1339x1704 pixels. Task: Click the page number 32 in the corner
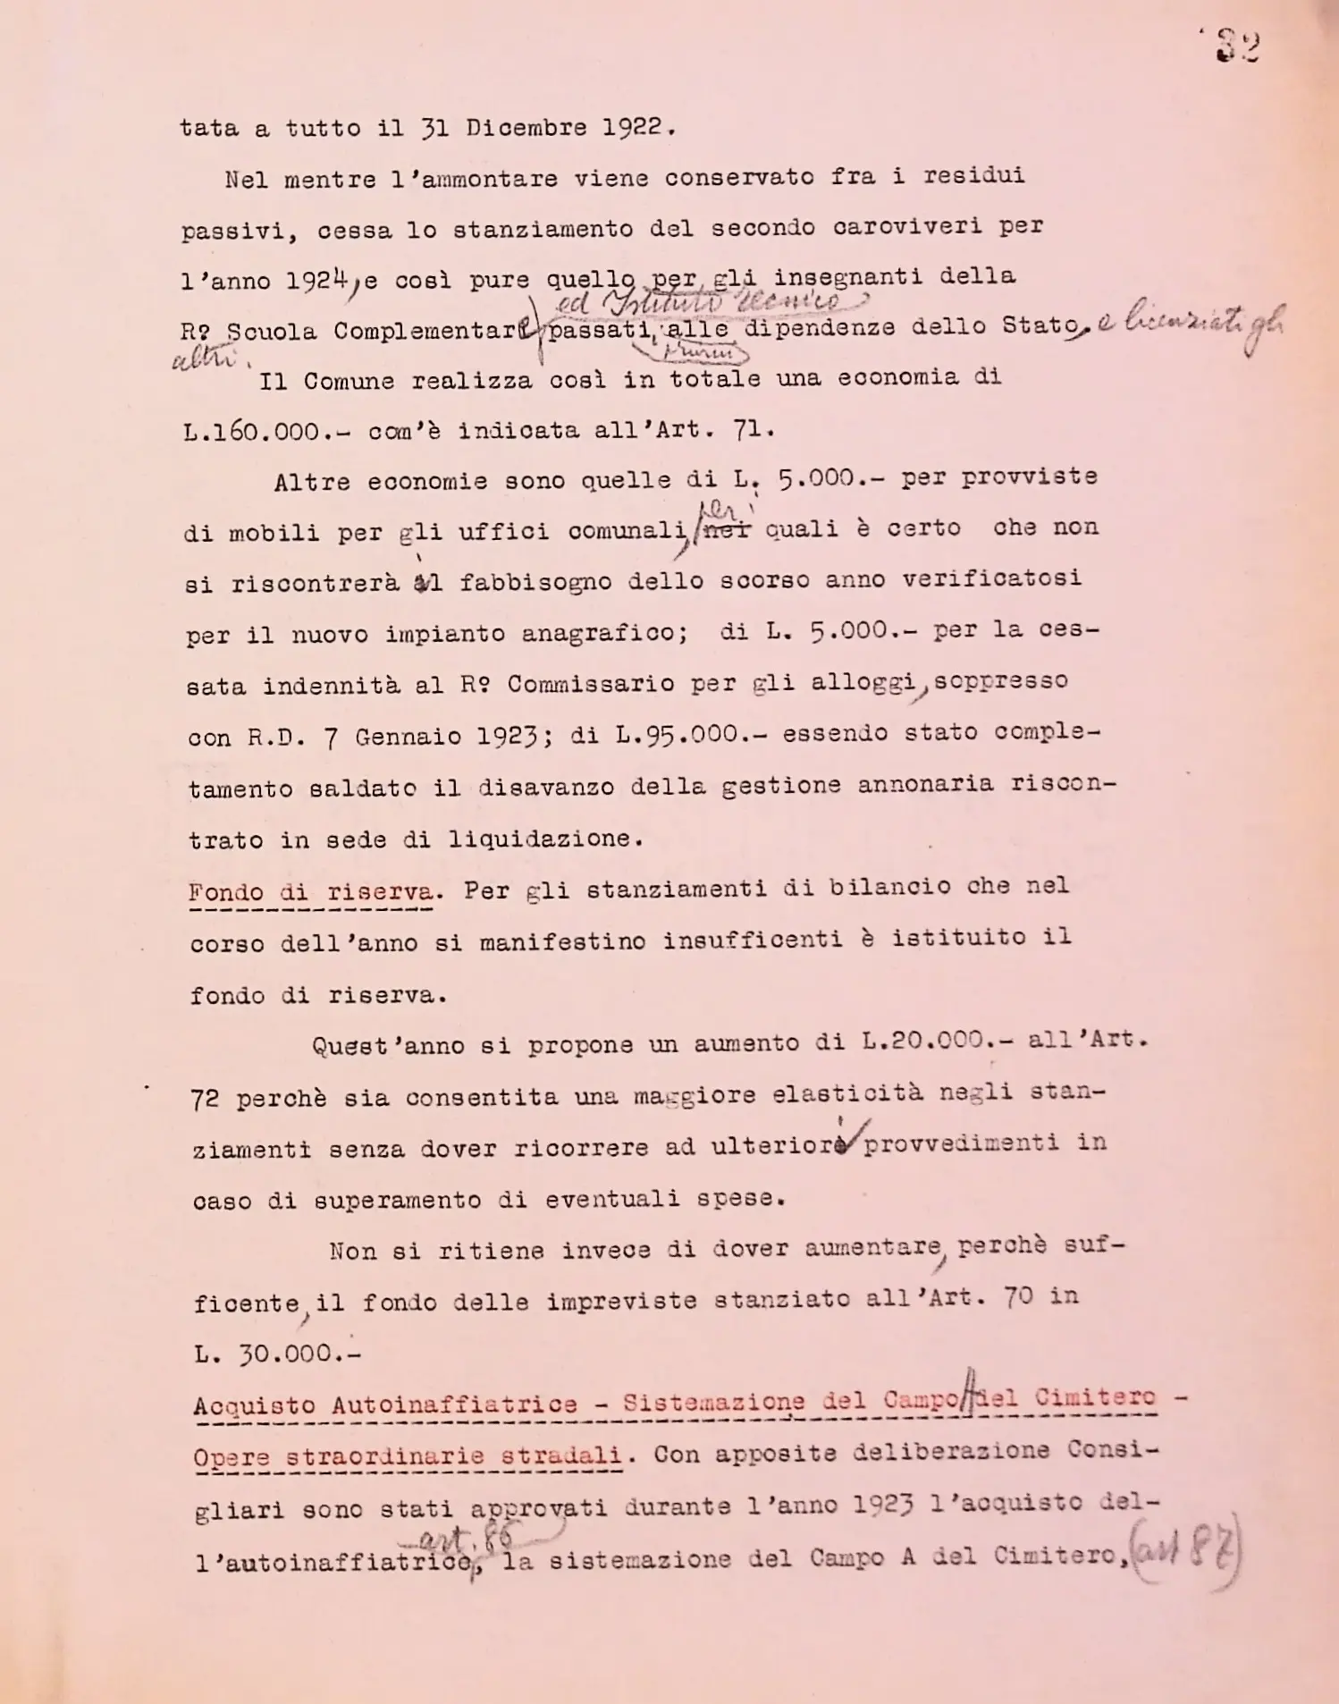click(x=1237, y=47)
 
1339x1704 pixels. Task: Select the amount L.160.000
click(x=251, y=432)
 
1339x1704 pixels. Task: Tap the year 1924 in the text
click(x=316, y=281)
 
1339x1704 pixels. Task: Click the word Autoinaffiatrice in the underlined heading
click(x=454, y=1405)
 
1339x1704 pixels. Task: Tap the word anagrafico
click(x=604, y=634)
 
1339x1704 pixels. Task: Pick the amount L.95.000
click(x=678, y=735)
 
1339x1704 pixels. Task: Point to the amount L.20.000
click(x=924, y=1042)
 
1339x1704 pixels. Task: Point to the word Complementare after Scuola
click(x=438, y=331)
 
